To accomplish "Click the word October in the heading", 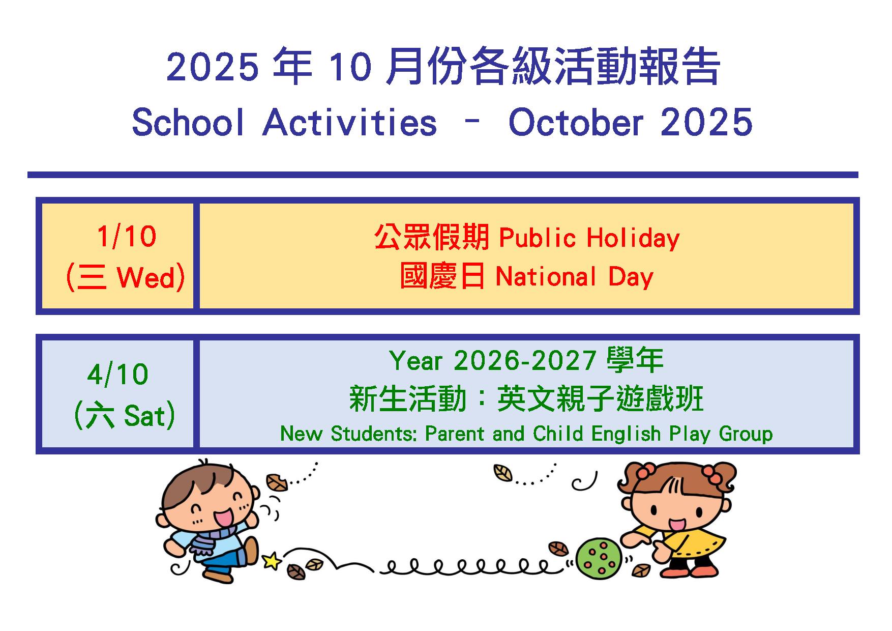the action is pos(576,123).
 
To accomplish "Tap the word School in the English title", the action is pos(188,123).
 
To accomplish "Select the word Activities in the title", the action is pos(350,123).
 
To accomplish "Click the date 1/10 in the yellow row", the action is pos(126,237).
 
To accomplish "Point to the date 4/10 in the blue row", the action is pos(118,375).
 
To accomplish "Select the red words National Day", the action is pos(575,277).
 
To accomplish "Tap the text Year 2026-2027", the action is pos(493,361).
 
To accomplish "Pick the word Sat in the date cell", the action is pos(145,416).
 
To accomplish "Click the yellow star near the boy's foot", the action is pos(272,561).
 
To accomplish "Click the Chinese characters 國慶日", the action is pos(442,277).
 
